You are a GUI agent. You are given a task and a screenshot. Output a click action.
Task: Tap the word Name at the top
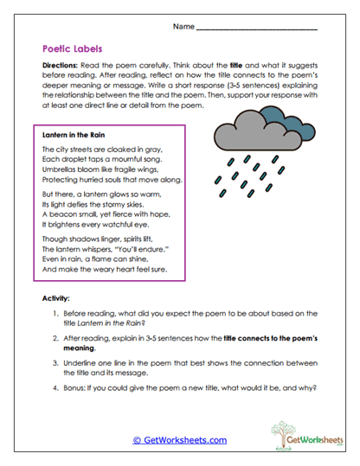pyautogui.click(x=183, y=27)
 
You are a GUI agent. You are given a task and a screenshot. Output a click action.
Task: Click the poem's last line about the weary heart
pyautogui.click(x=103, y=269)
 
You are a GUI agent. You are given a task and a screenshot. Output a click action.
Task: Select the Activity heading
pyautogui.click(x=56, y=297)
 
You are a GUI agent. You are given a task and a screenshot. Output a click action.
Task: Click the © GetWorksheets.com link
pyautogui.click(x=180, y=439)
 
